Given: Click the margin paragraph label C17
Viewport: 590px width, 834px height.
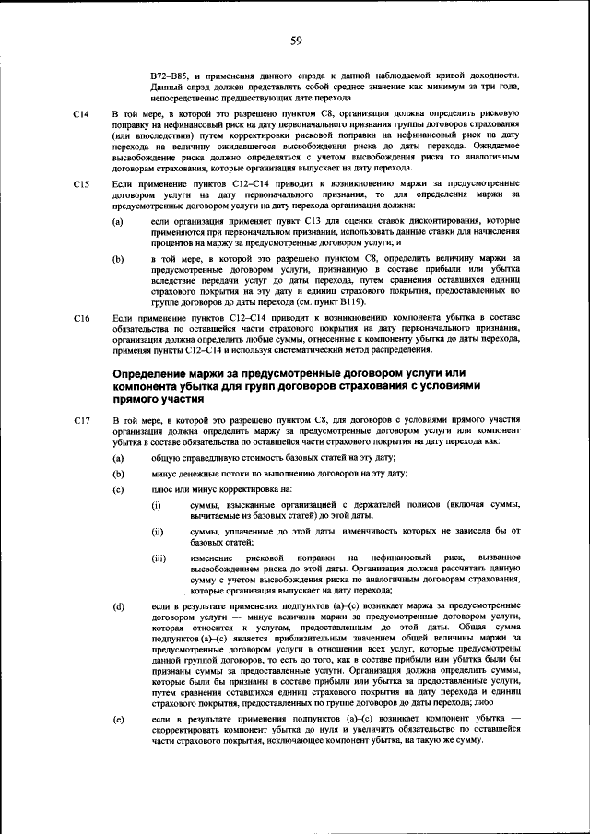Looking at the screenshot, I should tap(80, 419).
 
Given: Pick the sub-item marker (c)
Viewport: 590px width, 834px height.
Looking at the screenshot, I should tap(118, 488).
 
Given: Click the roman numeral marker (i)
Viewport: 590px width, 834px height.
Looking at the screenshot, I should tap(157, 506).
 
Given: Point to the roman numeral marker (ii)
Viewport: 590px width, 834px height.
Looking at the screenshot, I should tap(158, 532).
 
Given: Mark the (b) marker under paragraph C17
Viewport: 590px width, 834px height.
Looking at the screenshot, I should tap(118, 473).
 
